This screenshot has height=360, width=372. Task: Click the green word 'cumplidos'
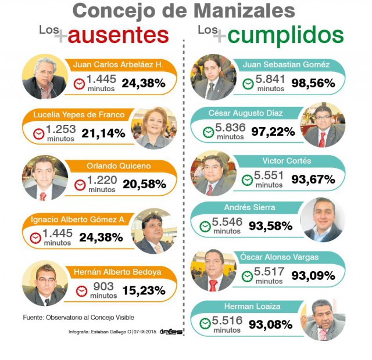[285, 35]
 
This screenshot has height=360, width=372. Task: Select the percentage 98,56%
[313, 84]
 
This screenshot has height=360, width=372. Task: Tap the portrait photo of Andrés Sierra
[323, 219]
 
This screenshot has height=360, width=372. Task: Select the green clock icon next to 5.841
[248, 84]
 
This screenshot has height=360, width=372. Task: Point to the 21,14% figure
[103, 133]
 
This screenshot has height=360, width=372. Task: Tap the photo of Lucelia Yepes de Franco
[154, 128]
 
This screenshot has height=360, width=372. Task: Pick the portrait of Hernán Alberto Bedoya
[44, 284]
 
